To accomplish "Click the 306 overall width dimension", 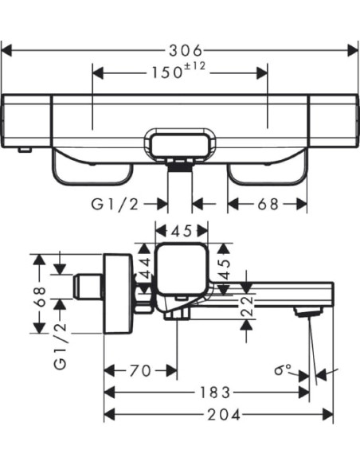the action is (186, 50).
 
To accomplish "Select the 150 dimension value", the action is (167, 72).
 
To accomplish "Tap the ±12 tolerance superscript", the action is (194, 66).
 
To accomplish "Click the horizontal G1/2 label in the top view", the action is (115, 204).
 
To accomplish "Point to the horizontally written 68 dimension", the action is (268, 204).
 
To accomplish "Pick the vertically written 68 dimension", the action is (40, 296).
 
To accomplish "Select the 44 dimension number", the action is (145, 268).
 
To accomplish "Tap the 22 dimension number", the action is (247, 307).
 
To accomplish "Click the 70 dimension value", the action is (140, 371).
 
